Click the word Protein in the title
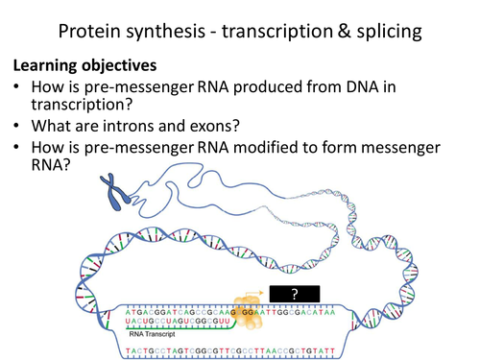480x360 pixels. point(93,32)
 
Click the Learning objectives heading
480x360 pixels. point(84,69)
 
